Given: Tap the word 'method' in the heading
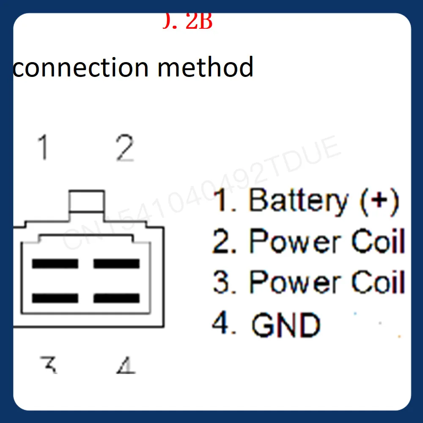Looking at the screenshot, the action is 205,67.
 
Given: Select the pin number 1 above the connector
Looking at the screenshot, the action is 42,148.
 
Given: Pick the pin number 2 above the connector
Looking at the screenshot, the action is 125,148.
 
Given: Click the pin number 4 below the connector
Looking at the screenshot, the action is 126,365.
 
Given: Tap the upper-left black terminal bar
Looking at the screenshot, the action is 55,264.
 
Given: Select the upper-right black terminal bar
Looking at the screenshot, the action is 116,264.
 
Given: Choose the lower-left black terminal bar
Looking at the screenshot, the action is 55,298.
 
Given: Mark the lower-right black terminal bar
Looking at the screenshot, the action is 116,298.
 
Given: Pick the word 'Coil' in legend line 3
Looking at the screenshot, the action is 378,282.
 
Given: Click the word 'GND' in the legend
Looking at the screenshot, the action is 286,325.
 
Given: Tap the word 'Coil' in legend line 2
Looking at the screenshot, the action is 378,241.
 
